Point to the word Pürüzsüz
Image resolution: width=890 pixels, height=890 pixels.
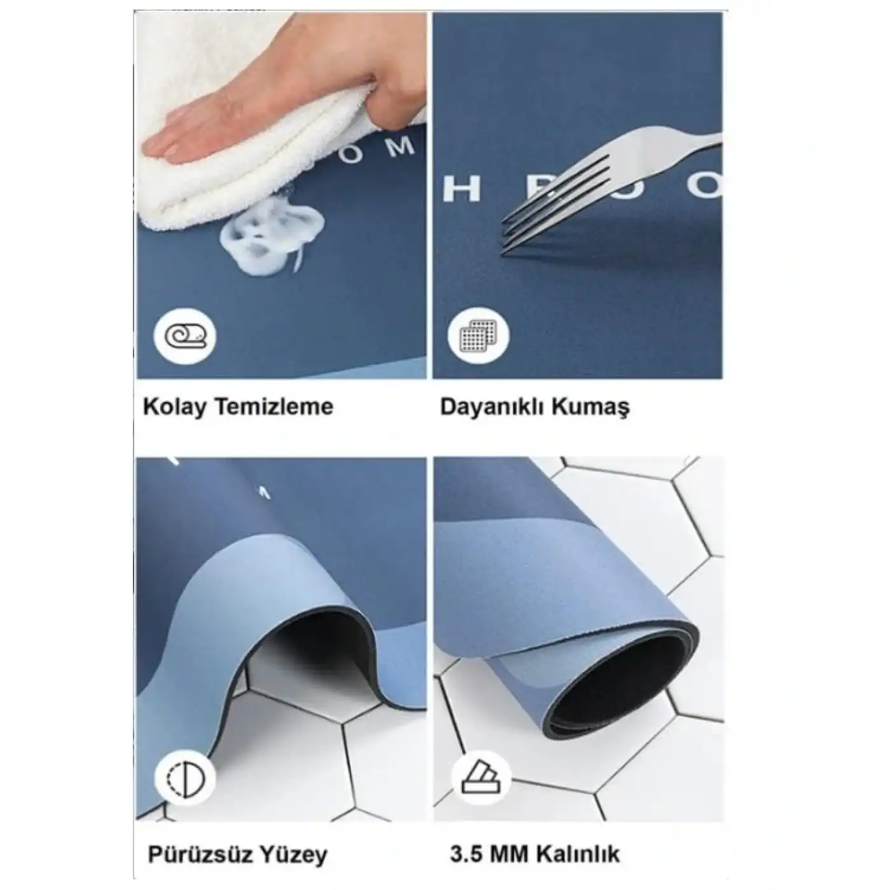200,854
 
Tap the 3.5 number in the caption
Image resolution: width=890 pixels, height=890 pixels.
466,854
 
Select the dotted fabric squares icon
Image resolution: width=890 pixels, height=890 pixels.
479,336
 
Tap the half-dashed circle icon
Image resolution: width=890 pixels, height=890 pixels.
185,777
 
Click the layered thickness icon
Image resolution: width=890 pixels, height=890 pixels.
479,777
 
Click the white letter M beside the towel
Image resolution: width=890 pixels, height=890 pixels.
400,147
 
